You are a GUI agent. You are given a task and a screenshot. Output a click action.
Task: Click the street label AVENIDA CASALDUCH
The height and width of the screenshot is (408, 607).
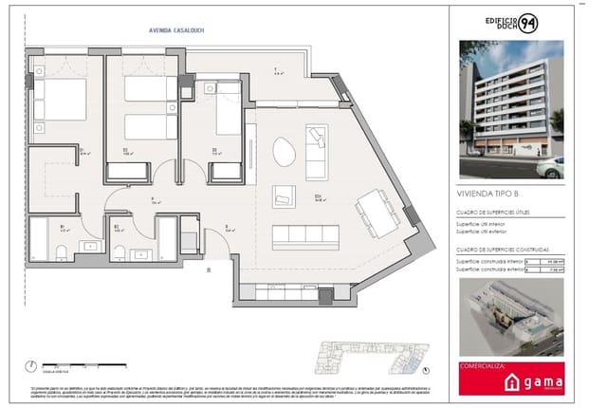coord(176,29)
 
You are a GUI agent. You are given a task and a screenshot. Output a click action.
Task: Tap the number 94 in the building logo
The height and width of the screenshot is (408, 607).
coord(528,24)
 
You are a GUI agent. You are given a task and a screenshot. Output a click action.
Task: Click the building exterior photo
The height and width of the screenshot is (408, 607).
coord(510,109)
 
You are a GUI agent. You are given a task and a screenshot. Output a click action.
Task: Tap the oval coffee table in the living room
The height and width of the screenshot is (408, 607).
coord(284,151)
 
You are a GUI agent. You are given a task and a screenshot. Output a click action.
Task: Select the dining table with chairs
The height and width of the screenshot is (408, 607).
coord(378,213)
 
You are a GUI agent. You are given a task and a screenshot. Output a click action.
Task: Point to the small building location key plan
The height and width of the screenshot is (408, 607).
coord(362,356)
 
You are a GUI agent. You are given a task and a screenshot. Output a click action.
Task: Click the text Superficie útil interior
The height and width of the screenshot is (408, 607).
coord(485,225)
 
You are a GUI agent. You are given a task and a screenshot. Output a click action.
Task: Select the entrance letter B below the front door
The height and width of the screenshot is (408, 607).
coord(209,269)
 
